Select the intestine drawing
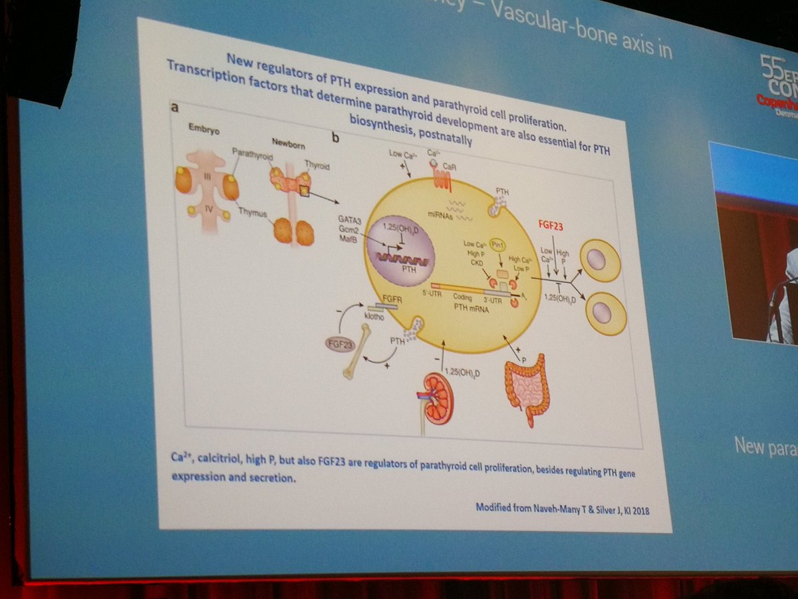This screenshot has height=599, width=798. coord(527,389)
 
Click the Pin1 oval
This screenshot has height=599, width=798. coord(497,246)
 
